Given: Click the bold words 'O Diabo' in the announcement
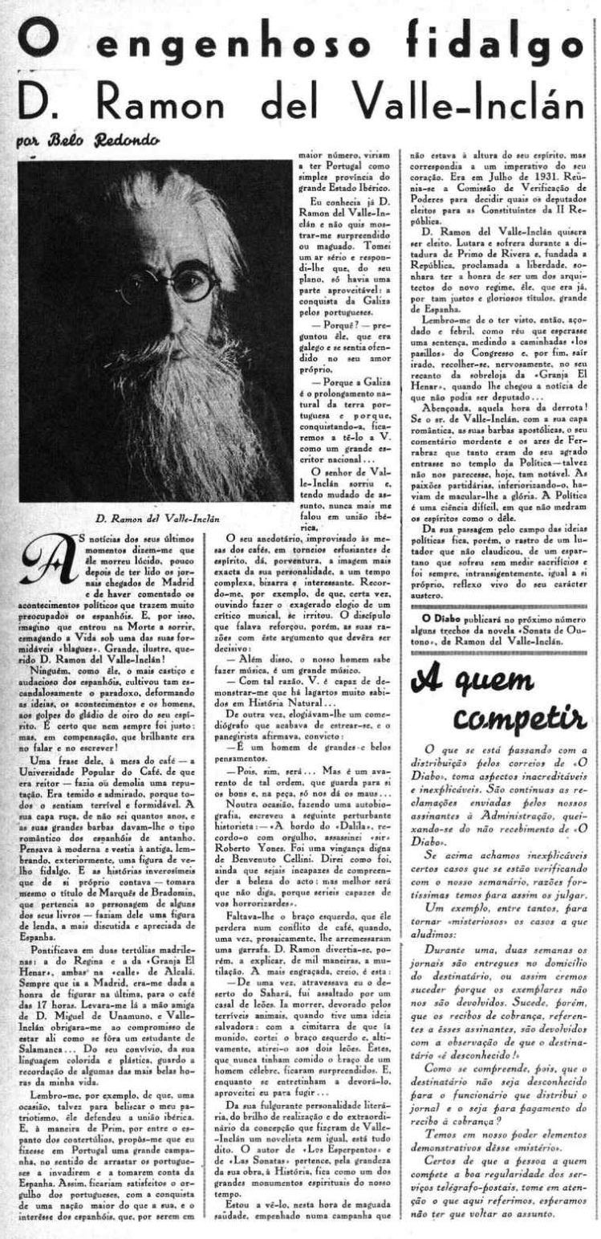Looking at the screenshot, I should point(432,597).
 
